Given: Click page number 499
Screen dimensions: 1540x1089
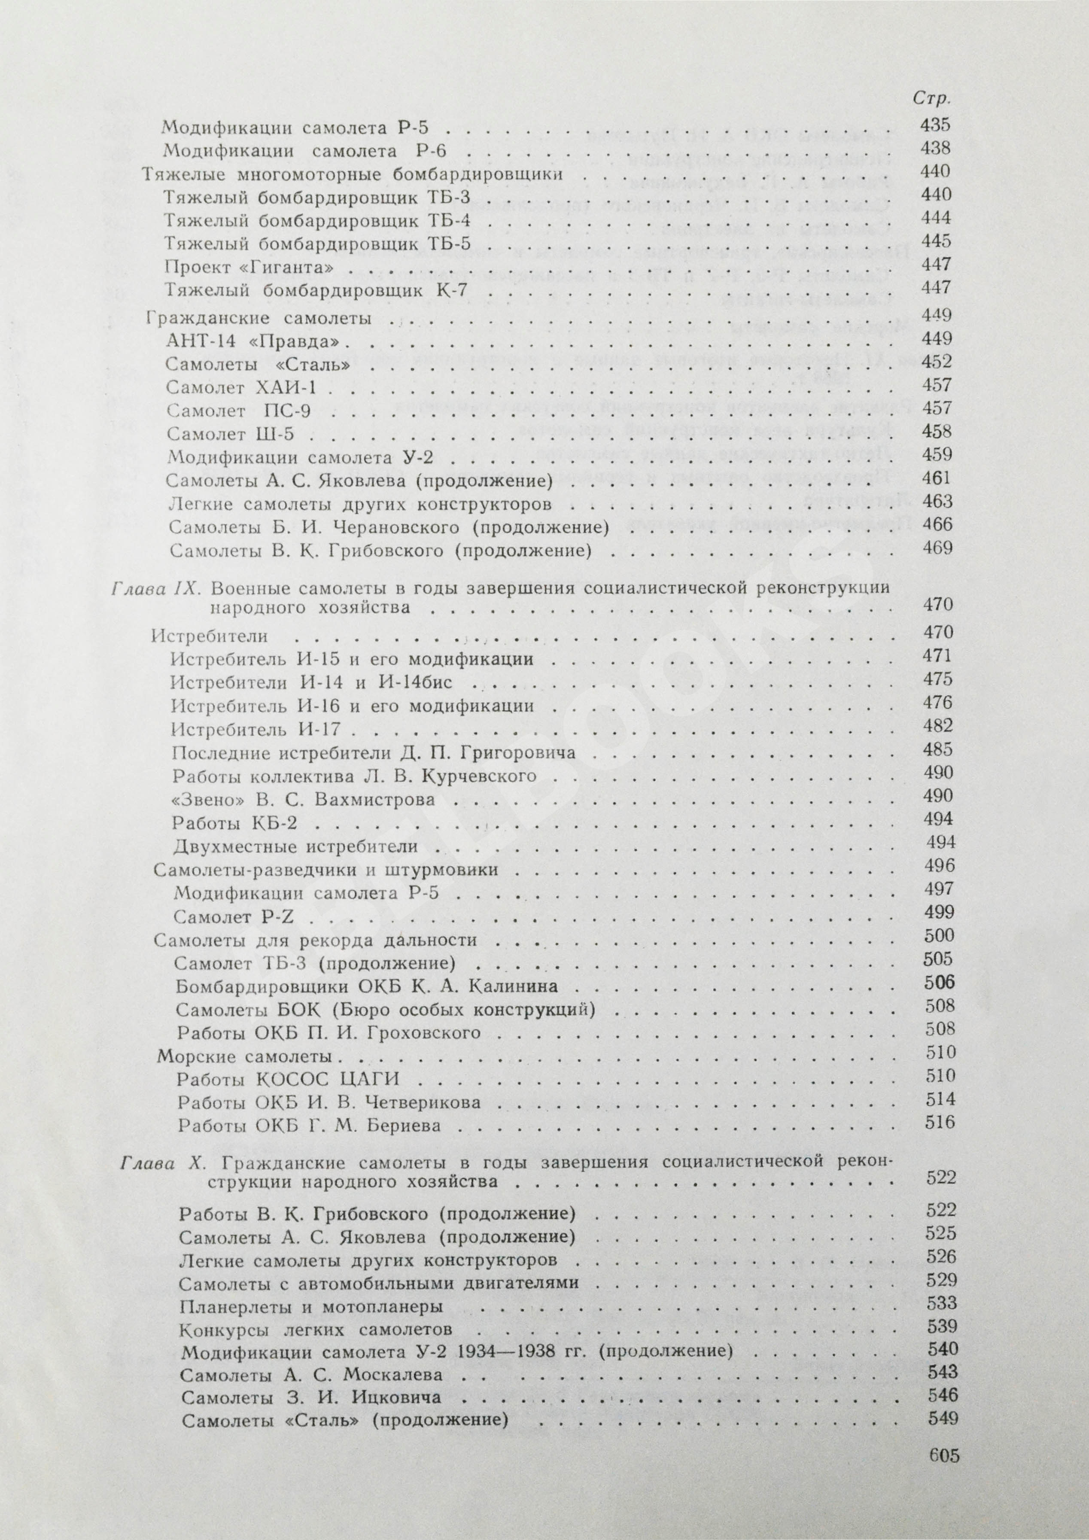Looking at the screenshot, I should point(937,912).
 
